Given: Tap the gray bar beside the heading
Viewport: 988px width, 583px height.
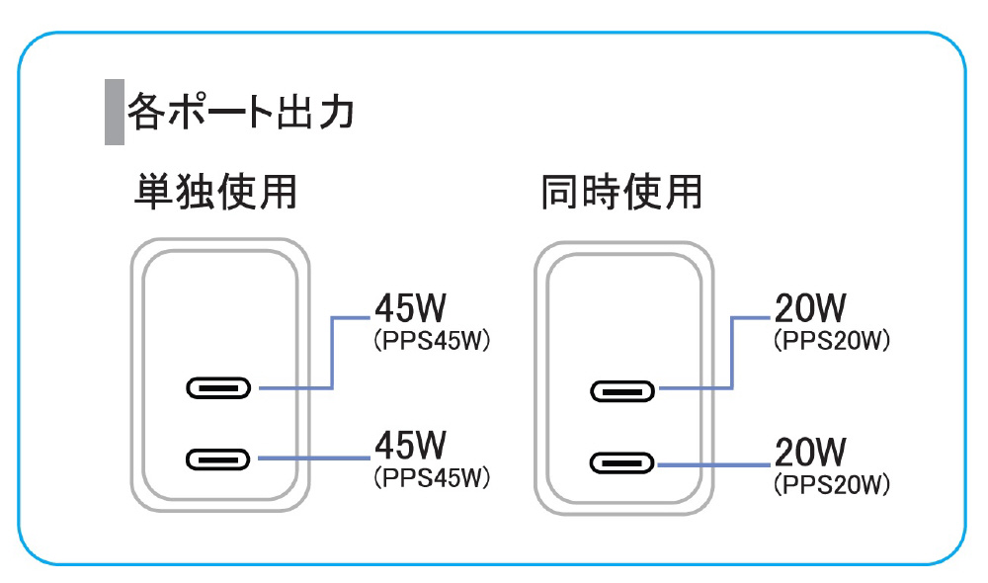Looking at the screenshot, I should (x=114, y=111).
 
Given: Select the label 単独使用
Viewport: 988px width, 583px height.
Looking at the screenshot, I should (x=214, y=192).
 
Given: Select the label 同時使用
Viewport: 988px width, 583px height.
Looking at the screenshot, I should (x=620, y=192).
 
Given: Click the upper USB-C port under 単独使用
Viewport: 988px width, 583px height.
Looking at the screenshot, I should (x=218, y=388).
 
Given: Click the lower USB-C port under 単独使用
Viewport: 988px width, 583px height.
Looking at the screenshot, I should (x=218, y=458).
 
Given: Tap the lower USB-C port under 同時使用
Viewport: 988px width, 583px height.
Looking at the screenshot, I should (x=622, y=462).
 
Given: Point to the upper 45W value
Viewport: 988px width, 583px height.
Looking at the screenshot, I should (x=410, y=308).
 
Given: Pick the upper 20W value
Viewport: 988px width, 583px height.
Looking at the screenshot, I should (x=810, y=309).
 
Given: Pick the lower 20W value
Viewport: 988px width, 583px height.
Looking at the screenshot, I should (x=810, y=453).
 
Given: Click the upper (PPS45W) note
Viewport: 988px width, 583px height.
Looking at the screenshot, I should (x=432, y=341).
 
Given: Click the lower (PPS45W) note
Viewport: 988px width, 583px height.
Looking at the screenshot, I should (x=432, y=478).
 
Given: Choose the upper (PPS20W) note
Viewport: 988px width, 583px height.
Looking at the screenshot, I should (x=832, y=342).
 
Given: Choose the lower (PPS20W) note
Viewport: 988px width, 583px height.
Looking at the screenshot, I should (x=832, y=485).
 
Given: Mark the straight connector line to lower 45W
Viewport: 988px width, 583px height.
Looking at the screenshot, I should (x=313, y=458).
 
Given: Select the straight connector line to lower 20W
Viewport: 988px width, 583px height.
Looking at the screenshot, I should (x=713, y=463).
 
